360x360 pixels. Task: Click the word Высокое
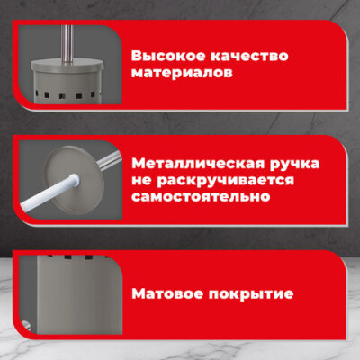(x=168, y=56)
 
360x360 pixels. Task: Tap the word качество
(x=249, y=57)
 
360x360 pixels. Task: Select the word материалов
(x=182, y=73)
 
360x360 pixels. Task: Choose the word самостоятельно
(x=201, y=197)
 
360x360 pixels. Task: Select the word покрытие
(x=251, y=294)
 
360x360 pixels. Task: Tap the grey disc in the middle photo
(x=74, y=179)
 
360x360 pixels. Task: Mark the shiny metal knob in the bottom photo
(x=26, y=326)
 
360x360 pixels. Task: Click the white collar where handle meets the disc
(x=75, y=180)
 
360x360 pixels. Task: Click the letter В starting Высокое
(x=137, y=56)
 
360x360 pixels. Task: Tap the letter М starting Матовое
(x=139, y=293)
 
